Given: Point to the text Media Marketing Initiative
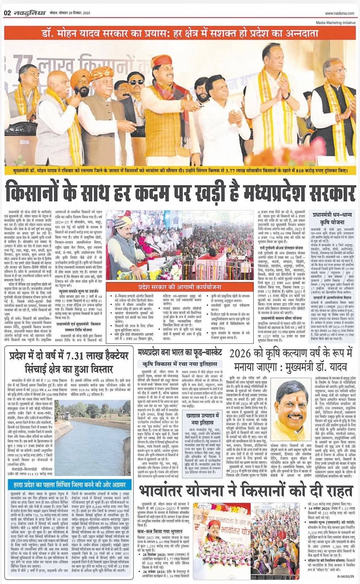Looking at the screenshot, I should click(336, 22).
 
